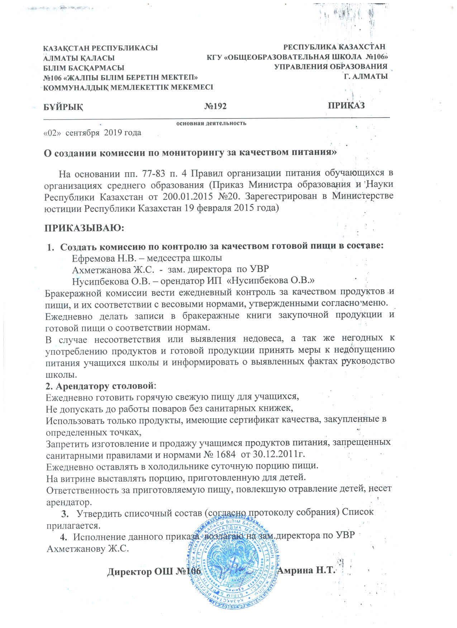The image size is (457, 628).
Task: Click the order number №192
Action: coord(215,106)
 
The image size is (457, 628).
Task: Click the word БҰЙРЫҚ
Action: coord(63,107)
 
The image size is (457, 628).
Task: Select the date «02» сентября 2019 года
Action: coord(92,133)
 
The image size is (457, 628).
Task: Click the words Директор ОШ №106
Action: coord(154,571)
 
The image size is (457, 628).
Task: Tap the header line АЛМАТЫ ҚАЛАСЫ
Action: coord(79,58)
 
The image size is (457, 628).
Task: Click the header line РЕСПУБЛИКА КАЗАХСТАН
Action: coord(334,47)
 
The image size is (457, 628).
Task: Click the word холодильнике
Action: coord(146,467)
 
